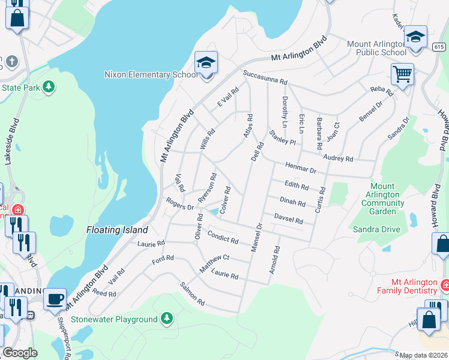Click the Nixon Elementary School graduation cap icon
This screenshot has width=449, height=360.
(x=206, y=62)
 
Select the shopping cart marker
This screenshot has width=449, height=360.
(x=402, y=74)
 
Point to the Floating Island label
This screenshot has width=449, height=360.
(x=117, y=230)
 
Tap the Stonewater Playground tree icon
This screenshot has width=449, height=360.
(x=166, y=319)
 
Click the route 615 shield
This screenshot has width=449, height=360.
(x=439, y=47)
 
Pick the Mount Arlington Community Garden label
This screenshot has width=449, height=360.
(x=382, y=199)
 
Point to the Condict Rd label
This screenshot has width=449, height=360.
(x=223, y=237)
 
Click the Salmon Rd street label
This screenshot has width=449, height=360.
(x=192, y=292)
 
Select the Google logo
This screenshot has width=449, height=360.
(x=19, y=353)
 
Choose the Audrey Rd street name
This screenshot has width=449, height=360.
(x=338, y=157)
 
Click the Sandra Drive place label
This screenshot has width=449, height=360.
(x=376, y=229)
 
